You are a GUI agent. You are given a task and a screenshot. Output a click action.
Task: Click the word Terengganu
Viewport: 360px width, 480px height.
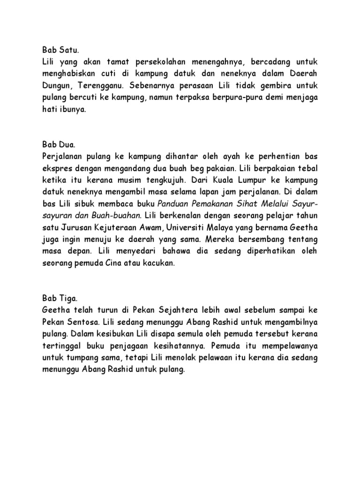point(97,85)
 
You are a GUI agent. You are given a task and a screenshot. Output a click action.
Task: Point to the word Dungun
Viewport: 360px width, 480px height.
point(55,85)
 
